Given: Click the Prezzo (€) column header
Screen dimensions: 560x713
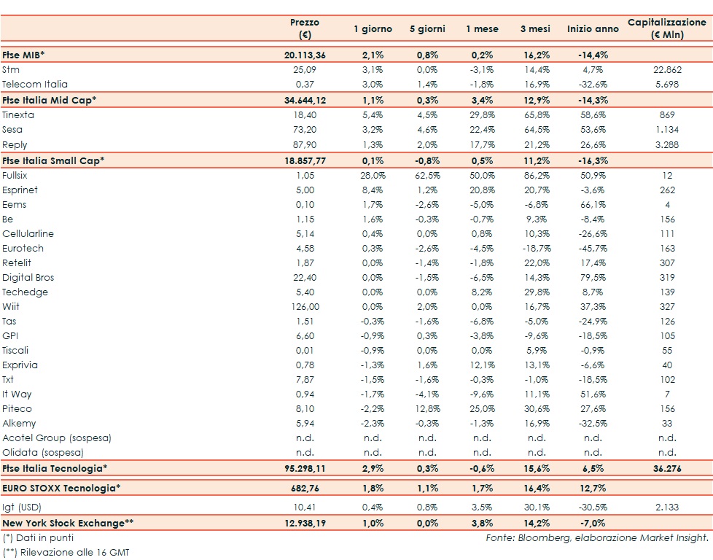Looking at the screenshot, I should [304, 28].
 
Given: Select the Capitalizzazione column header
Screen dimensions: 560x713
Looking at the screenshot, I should [667, 28].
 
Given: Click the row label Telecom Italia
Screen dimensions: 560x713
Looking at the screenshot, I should [35, 85].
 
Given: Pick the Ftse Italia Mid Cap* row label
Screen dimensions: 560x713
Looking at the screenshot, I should [50, 100].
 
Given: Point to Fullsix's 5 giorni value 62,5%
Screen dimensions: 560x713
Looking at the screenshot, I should [427, 175].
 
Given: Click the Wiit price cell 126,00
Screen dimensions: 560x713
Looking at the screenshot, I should [305, 306].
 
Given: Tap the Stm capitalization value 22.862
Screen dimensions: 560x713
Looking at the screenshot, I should [668, 70].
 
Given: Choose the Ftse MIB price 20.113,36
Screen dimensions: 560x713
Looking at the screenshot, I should [305, 55].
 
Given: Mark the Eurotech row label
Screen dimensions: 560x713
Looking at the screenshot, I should [23, 248].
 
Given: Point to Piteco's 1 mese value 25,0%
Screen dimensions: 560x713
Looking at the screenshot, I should [482, 408].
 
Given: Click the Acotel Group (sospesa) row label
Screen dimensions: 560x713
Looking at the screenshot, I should [55, 437].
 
